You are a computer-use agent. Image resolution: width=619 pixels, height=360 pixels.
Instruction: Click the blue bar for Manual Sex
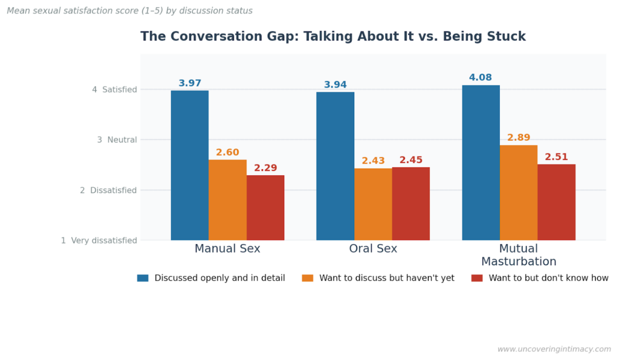pos(190,166)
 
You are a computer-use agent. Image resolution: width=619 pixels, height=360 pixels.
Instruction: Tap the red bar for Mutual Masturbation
pos(556,202)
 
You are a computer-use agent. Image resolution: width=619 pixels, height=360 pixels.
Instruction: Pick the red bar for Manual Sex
pos(265,208)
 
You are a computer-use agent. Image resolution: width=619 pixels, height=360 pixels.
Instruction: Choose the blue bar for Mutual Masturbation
pos(481,163)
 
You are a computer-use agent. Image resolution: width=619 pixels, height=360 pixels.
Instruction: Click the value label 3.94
pos(335,85)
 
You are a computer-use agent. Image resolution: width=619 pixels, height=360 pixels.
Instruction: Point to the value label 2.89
pos(519,138)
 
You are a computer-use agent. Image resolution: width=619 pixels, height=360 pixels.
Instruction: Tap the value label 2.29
pos(265,168)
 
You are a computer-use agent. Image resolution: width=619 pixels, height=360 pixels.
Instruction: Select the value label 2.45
pos(411,160)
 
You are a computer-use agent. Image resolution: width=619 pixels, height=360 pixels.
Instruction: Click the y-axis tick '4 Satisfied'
pos(115,89)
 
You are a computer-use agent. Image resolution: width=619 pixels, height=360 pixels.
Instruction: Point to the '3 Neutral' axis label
pos(117,140)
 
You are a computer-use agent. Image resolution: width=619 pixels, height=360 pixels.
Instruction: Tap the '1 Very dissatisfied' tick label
pos(99,240)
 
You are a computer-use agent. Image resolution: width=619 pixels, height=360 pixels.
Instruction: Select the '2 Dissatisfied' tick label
pos(109,190)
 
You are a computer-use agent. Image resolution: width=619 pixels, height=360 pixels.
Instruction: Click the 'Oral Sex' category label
pos(373,249)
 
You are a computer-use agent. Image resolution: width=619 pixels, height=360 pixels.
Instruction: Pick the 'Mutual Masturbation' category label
pos(519,255)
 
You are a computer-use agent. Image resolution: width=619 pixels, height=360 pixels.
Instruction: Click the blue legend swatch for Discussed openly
pos(143,278)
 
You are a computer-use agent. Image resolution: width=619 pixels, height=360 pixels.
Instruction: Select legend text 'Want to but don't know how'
pos(548,278)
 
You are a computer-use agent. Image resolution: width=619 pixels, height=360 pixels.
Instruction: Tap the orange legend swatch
pos(308,278)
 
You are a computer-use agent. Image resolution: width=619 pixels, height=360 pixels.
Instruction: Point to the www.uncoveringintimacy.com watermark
pos(554,349)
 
